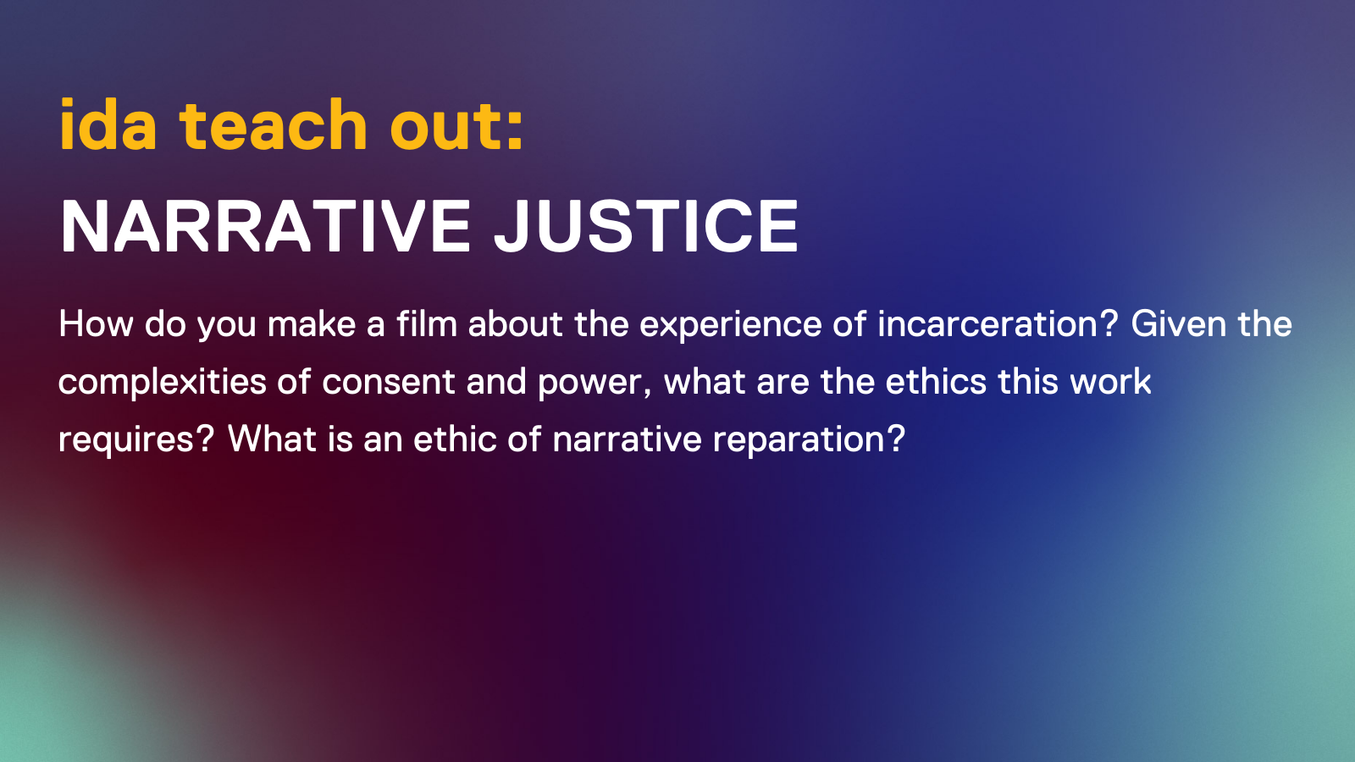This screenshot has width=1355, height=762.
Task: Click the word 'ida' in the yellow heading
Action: pyautogui.click(x=108, y=125)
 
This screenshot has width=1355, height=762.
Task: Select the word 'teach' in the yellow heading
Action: pyautogui.click(x=273, y=125)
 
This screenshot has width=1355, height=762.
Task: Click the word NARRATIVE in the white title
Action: pyautogui.click(x=265, y=227)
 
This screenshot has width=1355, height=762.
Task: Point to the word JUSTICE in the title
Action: pyautogui.click(x=646, y=227)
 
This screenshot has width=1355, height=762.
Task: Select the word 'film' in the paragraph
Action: pyautogui.click(x=426, y=324)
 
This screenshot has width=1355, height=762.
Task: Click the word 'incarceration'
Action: pyautogui.click(x=987, y=324)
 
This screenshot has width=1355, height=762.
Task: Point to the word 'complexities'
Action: pyautogui.click(x=162, y=383)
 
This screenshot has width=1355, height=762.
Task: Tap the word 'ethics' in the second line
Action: pyautogui.click(x=936, y=382)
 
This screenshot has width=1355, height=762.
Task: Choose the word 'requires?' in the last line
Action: pyautogui.click(x=135, y=440)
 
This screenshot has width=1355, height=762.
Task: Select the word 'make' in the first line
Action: pyautogui.click(x=312, y=324)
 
